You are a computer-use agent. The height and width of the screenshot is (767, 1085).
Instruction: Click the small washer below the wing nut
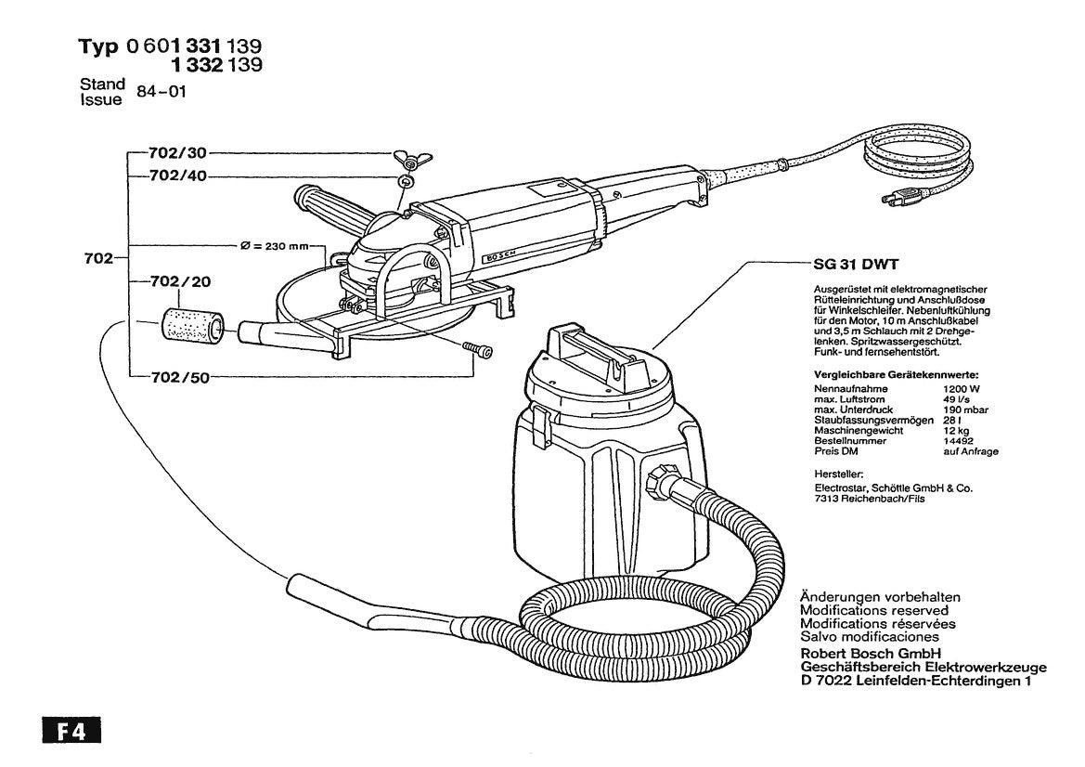click(x=405, y=181)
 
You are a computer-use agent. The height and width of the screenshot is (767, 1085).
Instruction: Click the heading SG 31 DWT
click(x=844, y=265)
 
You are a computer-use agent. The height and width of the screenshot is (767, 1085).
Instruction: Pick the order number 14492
click(x=960, y=442)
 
